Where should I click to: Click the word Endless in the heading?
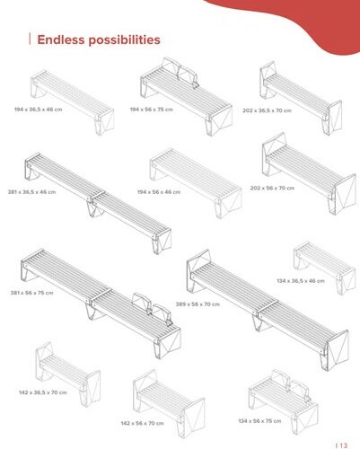tap(61, 40)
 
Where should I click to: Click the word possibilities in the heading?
tap(124, 40)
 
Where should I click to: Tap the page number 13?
tap(344, 445)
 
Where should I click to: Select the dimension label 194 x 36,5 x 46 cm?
tap(39, 110)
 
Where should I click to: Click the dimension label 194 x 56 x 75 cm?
tap(152, 110)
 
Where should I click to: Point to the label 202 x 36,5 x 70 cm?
tap(267, 110)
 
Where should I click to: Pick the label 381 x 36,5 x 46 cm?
tap(31, 191)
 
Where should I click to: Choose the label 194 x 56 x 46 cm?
tap(159, 191)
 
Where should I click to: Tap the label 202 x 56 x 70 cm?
tap(272, 188)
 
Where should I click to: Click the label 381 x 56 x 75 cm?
tap(32, 293)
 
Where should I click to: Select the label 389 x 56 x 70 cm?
tap(198, 304)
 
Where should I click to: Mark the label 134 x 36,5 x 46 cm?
tap(301, 281)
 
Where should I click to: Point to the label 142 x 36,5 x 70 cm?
tap(43, 392)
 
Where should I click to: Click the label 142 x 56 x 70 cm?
tap(142, 423)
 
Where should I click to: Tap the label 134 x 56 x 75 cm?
tap(259, 421)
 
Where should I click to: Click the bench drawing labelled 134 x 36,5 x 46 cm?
tap(325, 267)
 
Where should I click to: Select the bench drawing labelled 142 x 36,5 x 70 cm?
tap(67, 374)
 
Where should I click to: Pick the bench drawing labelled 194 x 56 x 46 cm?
tap(196, 182)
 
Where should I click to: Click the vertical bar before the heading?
tap(30, 40)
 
